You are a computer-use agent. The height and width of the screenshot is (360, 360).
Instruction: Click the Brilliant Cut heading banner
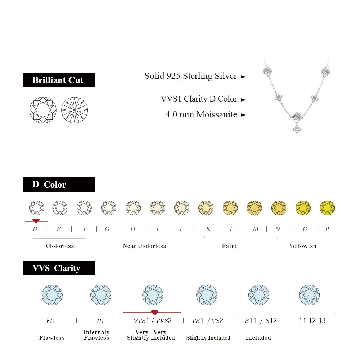coord(59,80)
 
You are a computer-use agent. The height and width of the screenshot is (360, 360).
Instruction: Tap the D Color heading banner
coord(59,184)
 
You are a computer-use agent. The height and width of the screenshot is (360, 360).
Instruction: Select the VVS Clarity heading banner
coord(59,268)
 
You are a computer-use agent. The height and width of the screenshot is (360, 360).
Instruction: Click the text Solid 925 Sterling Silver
coord(191,76)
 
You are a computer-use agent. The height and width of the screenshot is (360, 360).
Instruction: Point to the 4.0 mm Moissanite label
coord(201,114)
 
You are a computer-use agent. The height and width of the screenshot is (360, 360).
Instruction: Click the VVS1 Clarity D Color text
coord(199,99)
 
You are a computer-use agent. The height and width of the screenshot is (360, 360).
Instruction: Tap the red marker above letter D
coord(36,220)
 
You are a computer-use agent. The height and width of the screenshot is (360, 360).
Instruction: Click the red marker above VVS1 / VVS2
coord(154,312)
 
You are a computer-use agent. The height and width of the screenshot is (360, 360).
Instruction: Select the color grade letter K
coord(208,229)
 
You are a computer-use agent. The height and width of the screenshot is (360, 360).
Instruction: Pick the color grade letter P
coord(327,229)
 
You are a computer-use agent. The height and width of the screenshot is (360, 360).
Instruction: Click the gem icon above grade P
coord(327,208)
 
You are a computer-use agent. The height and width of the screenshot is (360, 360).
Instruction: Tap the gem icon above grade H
coord(133,208)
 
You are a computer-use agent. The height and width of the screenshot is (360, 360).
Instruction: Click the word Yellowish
coord(302,246)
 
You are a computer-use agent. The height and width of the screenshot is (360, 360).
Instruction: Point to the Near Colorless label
coord(144,246)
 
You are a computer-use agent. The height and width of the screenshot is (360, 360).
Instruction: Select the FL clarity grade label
coord(50,320)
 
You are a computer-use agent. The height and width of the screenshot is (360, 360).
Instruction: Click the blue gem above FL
coord(52,295)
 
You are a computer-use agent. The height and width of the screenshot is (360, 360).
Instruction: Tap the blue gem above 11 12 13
coord(309,295)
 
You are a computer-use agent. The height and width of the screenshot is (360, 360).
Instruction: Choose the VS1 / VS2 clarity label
coord(207,320)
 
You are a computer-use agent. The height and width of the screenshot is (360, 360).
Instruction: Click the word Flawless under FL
coord(52,338)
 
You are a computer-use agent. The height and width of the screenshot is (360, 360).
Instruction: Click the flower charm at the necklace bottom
coord(297,129)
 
